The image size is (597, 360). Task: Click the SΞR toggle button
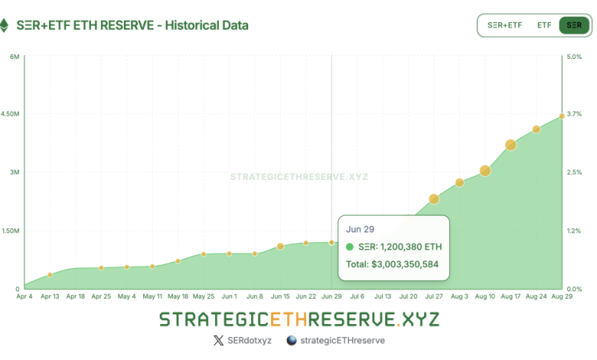[x=573, y=25]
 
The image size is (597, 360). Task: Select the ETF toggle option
[x=544, y=25]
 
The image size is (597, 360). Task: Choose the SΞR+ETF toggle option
[x=505, y=25]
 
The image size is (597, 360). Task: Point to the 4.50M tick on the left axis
[x=10, y=114]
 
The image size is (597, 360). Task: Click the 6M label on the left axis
[x=15, y=56]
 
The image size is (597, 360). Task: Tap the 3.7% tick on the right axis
[x=574, y=114]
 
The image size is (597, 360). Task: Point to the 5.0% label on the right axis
[x=574, y=56]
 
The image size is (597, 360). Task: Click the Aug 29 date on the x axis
[x=563, y=296]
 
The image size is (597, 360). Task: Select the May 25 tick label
[x=204, y=296]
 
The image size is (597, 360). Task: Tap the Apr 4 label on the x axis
[x=24, y=296]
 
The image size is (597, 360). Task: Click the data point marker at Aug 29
[x=562, y=116]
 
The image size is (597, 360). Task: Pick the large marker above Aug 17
[x=511, y=145]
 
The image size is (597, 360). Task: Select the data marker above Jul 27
[x=434, y=199]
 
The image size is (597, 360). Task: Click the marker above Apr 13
[x=50, y=274]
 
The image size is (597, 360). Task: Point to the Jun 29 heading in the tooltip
[x=360, y=229]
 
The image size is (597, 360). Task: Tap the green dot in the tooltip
[x=350, y=247]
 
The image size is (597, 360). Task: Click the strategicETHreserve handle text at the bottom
[x=343, y=340]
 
